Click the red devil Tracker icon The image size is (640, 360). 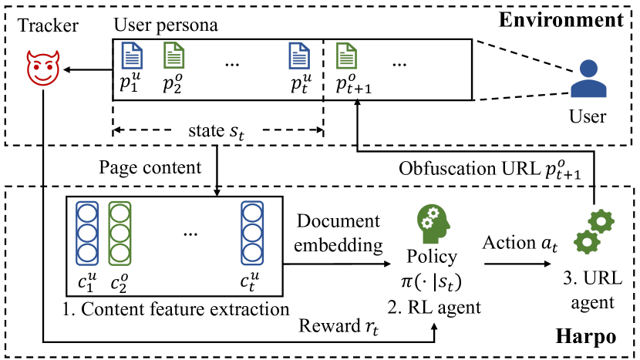click(43, 68)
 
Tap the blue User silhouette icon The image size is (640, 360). click(588, 79)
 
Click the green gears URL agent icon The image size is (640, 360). click(594, 233)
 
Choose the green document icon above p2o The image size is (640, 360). click(173, 56)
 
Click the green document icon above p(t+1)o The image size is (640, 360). click(346, 56)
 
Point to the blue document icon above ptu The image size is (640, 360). click(299, 56)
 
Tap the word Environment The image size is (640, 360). click(561, 19)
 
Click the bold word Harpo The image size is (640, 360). click(586, 337)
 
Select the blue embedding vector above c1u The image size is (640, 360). click(87, 234)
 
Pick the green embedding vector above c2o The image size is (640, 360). click(120, 234)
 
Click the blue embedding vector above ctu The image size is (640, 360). click(252, 234)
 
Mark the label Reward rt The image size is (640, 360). click(339, 327)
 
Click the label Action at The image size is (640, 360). click(520, 244)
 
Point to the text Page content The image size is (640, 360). click(150, 167)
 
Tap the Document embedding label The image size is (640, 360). click(339, 233)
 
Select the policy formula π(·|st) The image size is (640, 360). click(432, 281)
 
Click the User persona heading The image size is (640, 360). click(166, 25)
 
